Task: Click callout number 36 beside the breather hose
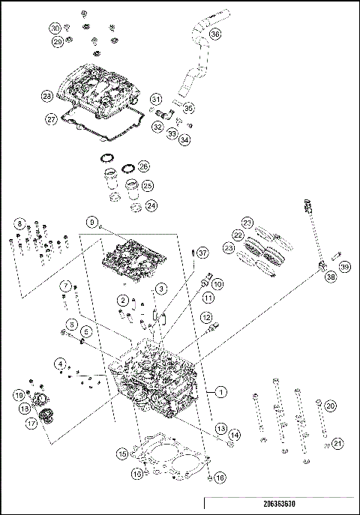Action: [214, 34]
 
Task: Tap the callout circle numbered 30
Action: [55, 28]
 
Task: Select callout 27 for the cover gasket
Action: [51, 118]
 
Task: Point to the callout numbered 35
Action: [189, 107]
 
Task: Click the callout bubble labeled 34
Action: [184, 139]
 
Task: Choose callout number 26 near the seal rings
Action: [144, 166]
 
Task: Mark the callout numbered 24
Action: [151, 205]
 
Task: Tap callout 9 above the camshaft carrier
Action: [91, 222]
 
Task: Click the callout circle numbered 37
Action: [201, 254]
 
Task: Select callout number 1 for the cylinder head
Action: [220, 391]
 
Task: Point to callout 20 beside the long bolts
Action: [331, 406]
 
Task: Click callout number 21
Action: [337, 444]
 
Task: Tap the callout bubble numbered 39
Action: [344, 267]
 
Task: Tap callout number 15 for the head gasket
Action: [121, 454]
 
